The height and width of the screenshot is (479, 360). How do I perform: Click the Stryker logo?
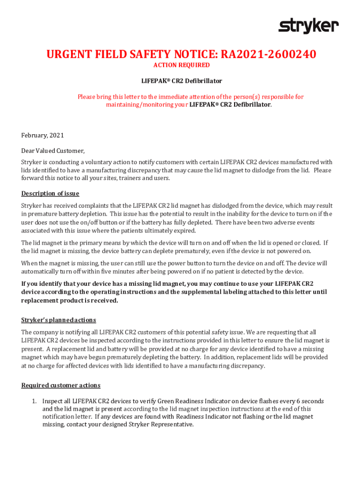[x=309, y=26]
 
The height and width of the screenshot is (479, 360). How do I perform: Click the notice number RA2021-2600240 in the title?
[x=269, y=55]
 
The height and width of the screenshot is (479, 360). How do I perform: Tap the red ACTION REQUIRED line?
[x=181, y=65]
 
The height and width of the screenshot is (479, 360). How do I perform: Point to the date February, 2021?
[x=43, y=136]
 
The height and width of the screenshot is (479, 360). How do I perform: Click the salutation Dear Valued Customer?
[x=53, y=151]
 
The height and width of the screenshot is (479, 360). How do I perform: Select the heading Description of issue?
[x=50, y=194]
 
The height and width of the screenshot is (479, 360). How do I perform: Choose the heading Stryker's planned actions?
[x=58, y=320]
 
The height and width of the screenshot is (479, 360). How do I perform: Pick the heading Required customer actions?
[x=61, y=385]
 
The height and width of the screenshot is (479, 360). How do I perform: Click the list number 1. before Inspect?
[x=34, y=401]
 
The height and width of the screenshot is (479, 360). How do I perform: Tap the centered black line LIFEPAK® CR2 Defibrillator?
[x=181, y=81]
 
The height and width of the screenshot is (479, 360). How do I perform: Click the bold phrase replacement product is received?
[x=70, y=301]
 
